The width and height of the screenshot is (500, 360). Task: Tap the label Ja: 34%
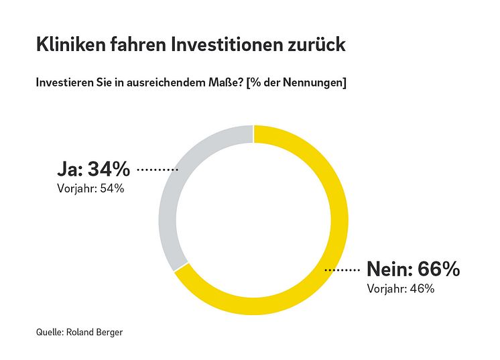pos(93,169)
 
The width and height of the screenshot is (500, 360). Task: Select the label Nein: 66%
pos(413,269)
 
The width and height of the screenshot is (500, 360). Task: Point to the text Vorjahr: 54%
pos(90,188)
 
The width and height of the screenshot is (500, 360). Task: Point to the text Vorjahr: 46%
pos(401,289)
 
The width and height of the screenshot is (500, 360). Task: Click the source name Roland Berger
pos(96,331)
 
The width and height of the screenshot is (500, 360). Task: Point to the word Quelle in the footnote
pos(50,331)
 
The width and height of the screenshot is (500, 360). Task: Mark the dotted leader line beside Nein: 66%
pos(342,270)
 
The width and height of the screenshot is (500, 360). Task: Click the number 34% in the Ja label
pos(109,169)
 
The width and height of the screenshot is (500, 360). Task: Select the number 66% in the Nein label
pos(438,269)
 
